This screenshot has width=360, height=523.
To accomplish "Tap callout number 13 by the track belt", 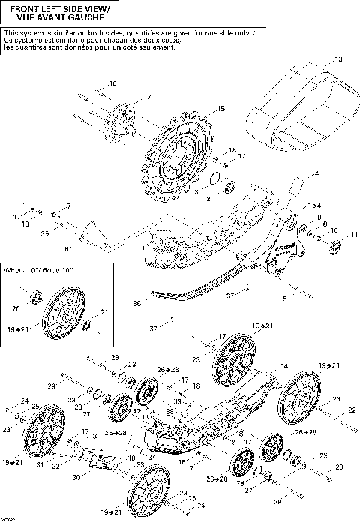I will coord(337,59).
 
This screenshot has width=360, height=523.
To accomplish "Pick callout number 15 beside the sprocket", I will coord(220,110).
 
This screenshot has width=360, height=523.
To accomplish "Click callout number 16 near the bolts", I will coord(113,83).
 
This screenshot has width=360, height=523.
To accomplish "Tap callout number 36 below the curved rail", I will coord(136,303).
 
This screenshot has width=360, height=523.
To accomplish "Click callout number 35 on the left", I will coord(44,235).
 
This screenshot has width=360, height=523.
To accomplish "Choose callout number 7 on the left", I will coord(68,206).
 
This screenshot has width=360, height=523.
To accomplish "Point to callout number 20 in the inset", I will coord(15,308).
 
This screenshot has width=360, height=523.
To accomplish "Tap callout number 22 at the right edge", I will coord(350,410).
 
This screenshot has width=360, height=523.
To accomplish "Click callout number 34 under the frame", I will coord(152,456).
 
